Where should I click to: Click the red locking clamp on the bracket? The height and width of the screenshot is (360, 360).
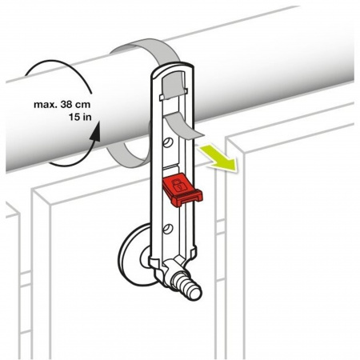pos(182,190)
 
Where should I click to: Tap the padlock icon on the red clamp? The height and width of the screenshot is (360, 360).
pos(177,185)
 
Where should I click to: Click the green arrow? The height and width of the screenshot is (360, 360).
pos(218,157)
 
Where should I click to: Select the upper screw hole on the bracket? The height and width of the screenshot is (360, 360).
pos(168,142)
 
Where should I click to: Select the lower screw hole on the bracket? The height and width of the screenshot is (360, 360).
pos(168,229)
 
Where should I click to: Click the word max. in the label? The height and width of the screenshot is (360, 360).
pos(45,105)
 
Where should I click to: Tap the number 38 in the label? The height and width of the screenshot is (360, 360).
pos(67,104)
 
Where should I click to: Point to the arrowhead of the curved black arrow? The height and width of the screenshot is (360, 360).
pos(94,132)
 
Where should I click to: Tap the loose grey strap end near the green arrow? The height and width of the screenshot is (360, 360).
pos(184,126)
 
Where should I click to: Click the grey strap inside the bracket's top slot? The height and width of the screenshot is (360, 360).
pos(174,86)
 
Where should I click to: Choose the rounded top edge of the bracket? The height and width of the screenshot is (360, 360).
pos(172,66)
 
